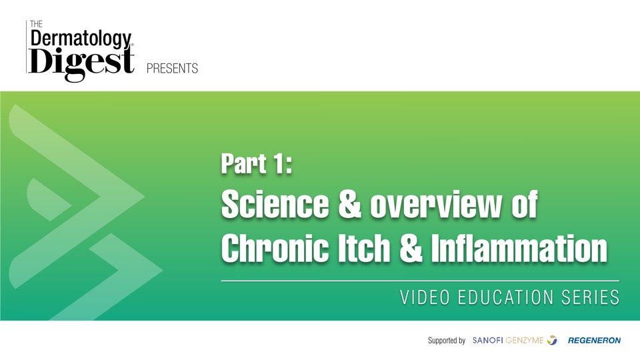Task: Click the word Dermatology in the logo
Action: pos(81,39)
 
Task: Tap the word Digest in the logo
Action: pos(81,62)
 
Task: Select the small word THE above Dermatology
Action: pos(36,24)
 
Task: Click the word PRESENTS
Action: pos(172,68)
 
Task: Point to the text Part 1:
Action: pos(257,164)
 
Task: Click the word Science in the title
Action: pos(275,204)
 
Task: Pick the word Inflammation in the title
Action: pos(519,247)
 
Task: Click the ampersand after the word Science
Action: pos(350,204)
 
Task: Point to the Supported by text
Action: pos(447,341)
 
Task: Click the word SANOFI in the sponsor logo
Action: pos(487,340)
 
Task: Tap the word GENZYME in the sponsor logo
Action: pos(525,340)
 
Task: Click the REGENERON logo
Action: pos(594,340)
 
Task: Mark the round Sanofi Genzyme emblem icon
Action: pos(552,340)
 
